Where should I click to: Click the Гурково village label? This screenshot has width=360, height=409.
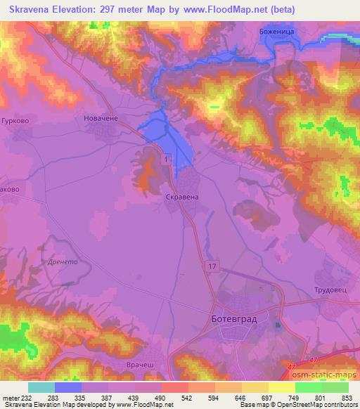[x=15, y=120]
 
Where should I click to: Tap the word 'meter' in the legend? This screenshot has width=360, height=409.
[x=10, y=397]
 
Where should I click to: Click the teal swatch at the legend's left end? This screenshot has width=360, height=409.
[x=41, y=387]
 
